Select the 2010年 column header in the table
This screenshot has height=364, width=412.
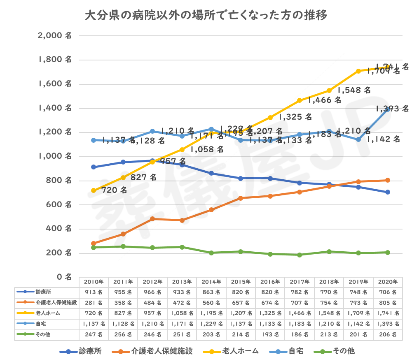[94, 282]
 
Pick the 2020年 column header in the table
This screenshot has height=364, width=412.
[388, 282]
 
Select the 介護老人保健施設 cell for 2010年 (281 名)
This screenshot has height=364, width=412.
[94, 303]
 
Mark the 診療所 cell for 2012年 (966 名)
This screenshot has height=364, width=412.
[152, 292]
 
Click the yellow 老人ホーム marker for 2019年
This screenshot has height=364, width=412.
[358, 71]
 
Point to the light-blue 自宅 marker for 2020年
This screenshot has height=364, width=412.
[388, 109]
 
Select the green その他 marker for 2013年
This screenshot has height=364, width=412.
[182, 247]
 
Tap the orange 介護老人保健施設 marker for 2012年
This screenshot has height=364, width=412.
[152, 219]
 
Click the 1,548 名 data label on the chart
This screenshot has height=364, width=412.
[354, 90]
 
